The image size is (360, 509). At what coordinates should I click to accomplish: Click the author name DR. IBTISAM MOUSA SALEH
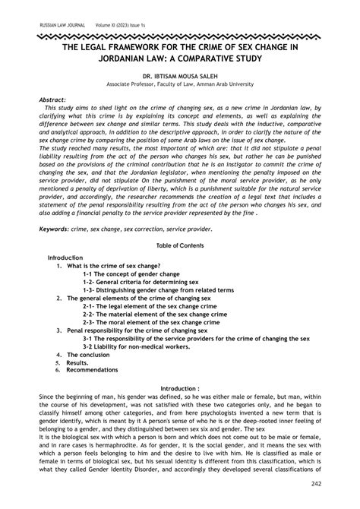(180, 77)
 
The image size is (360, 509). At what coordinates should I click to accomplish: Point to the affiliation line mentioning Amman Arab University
(180, 85)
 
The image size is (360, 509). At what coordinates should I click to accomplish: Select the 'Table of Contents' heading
(179, 245)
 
